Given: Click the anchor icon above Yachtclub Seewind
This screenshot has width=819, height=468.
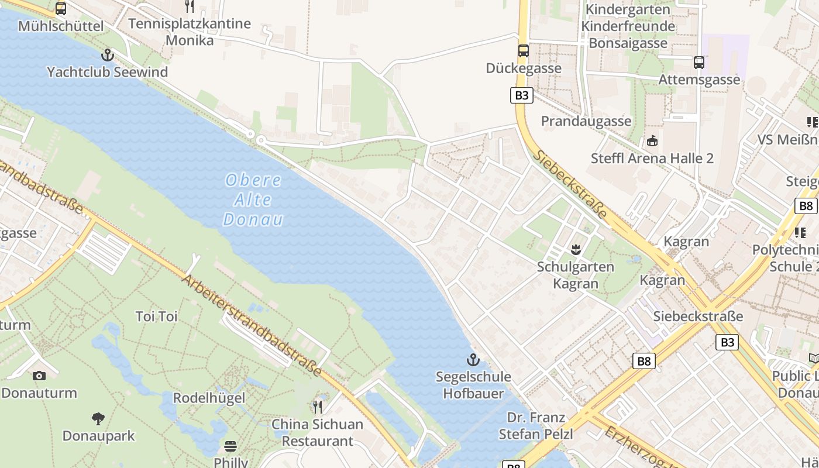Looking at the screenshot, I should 107,55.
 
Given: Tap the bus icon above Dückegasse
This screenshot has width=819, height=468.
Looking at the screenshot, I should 523,51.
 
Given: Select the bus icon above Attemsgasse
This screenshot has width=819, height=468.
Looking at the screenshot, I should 698,62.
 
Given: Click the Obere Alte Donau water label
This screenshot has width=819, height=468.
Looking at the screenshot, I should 253,199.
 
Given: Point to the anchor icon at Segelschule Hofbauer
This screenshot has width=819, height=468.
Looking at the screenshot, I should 473,359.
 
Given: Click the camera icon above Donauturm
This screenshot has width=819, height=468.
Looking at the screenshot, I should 39,376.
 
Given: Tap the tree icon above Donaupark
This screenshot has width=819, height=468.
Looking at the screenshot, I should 98,418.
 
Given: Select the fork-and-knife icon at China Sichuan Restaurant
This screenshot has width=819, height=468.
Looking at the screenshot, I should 318,406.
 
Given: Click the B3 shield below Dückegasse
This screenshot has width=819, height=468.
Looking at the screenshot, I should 521,95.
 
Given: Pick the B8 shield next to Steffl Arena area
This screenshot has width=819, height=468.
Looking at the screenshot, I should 806,205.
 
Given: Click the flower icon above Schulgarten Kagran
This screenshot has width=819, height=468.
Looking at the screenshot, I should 576,250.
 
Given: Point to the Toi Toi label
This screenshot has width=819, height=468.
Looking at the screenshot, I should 156,316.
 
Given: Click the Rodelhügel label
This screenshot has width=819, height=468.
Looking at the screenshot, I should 209,398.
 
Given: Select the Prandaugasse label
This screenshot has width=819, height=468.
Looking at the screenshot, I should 586,121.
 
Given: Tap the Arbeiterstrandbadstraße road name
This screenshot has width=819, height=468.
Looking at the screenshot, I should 252,325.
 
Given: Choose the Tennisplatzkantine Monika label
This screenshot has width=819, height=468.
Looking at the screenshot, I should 189,32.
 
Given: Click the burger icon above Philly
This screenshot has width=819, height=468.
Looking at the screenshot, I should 230,446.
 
